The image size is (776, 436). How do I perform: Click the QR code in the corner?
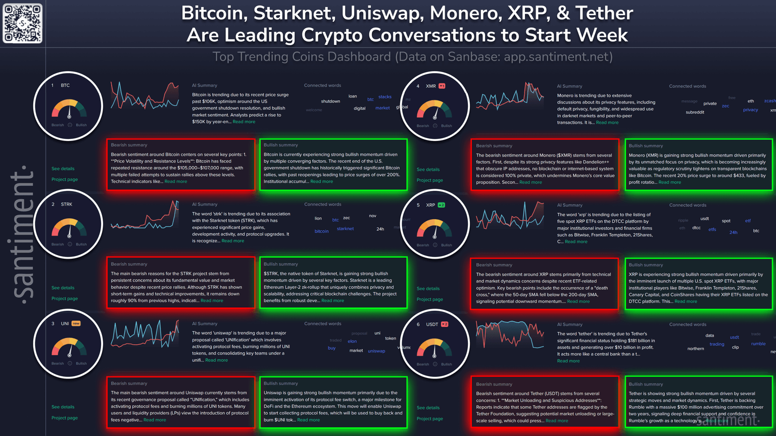23,24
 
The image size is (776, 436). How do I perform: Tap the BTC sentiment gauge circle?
68,107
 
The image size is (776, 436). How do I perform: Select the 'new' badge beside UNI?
76,323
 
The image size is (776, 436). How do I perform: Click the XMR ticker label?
430,86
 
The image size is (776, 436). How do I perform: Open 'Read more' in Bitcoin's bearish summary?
176,181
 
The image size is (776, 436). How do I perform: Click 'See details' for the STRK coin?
63,288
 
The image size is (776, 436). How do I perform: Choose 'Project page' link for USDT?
429,419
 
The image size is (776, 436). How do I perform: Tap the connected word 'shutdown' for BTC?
330,102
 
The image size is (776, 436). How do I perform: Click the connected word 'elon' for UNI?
352,342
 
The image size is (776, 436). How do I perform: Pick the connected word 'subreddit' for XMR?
695,112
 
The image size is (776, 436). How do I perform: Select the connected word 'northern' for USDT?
695,349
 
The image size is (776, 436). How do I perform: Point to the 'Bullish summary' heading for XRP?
646,265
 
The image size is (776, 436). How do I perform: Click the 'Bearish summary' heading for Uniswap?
129,383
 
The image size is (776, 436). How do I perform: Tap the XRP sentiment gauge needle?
434,231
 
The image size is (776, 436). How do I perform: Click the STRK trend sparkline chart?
145,215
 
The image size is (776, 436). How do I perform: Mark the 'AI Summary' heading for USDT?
569,324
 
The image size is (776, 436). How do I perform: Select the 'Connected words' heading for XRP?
688,205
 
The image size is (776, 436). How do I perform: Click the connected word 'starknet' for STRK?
345,229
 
